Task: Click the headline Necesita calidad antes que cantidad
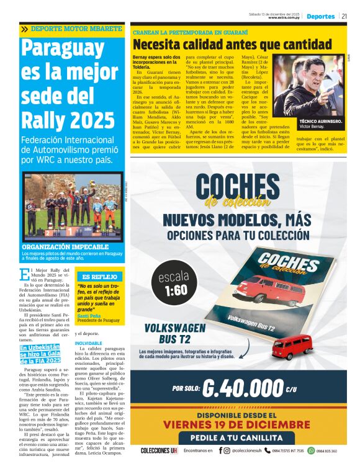coord(232,44)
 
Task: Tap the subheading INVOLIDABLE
coord(88,343)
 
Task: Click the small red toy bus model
coord(292,346)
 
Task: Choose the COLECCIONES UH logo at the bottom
coord(159,450)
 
